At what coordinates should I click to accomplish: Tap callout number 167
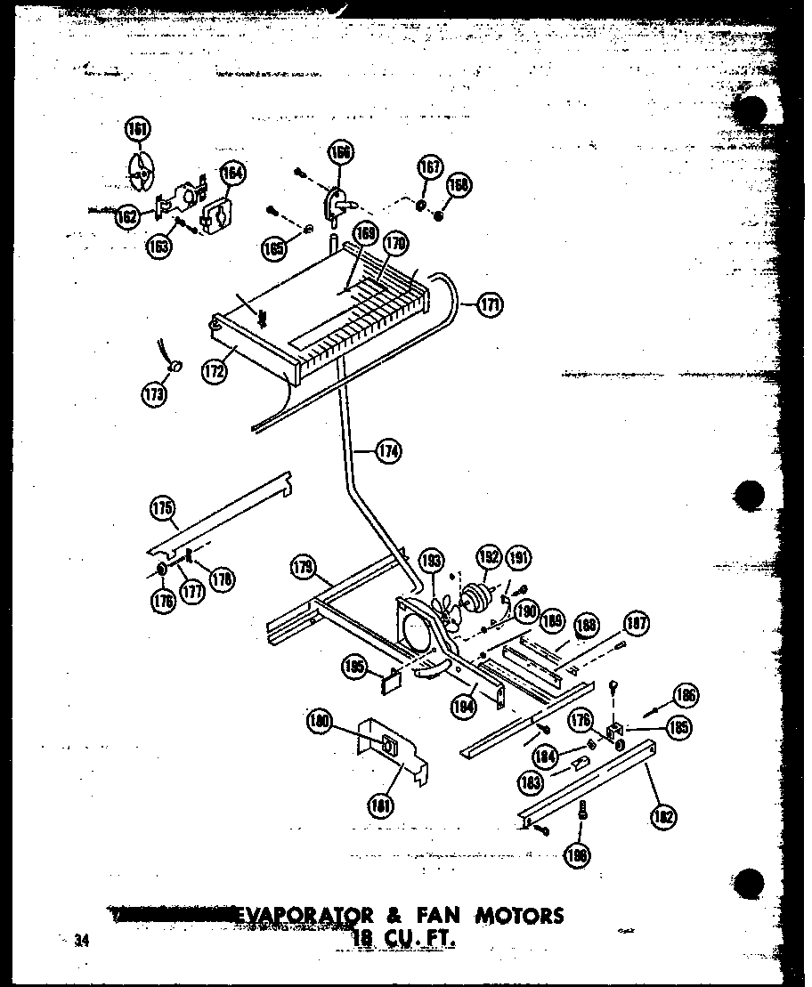tap(429, 168)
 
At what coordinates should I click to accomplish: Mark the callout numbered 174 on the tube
tap(387, 451)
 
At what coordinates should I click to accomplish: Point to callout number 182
tap(664, 818)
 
